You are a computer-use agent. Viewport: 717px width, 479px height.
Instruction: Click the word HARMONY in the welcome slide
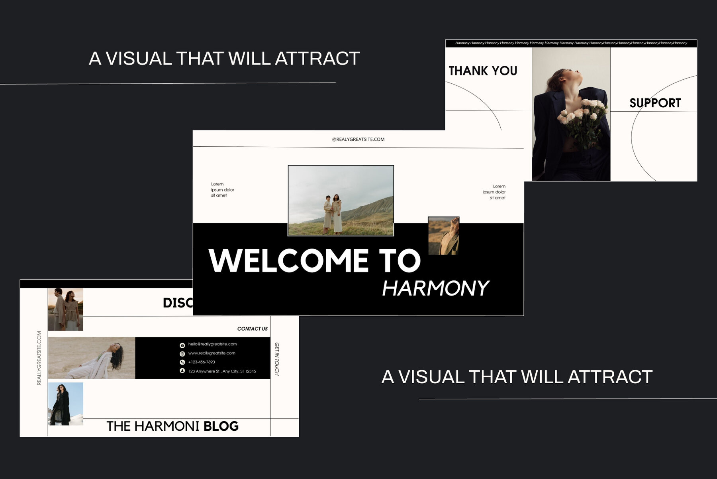(x=435, y=288)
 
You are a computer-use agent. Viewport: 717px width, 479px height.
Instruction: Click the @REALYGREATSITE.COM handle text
(x=358, y=139)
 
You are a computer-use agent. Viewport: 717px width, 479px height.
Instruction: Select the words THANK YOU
(x=483, y=71)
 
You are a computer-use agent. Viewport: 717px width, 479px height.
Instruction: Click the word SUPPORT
(x=655, y=103)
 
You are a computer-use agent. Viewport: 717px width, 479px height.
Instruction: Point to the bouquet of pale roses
(x=583, y=120)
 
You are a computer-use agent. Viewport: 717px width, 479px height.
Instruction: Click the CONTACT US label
(x=252, y=329)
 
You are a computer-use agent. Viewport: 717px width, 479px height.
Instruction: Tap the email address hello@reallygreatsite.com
(x=212, y=344)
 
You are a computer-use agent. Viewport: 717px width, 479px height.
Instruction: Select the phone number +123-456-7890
(x=202, y=362)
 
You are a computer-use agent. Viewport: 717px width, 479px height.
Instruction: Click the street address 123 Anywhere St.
(x=222, y=371)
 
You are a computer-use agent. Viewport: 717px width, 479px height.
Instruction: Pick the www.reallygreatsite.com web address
(x=212, y=353)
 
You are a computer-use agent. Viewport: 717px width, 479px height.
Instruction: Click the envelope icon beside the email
(x=182, y=345)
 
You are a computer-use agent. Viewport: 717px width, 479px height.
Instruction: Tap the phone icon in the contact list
(x=182, y=362)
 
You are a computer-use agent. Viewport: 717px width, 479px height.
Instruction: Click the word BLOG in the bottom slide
(x=221, y=426)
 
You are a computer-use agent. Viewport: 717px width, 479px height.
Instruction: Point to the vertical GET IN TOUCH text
(x=277, y=359)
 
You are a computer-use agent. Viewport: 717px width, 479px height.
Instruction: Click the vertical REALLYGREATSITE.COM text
(x=39, y=358)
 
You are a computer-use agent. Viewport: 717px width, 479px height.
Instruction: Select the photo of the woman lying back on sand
(x=92, y=358)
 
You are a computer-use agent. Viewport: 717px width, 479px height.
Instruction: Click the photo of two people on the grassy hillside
(x=341, y=200)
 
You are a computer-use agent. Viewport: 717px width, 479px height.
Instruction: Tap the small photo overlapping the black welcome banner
(x=443, y=236)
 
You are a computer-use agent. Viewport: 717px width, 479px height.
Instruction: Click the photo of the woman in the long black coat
(x=65, y=404)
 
